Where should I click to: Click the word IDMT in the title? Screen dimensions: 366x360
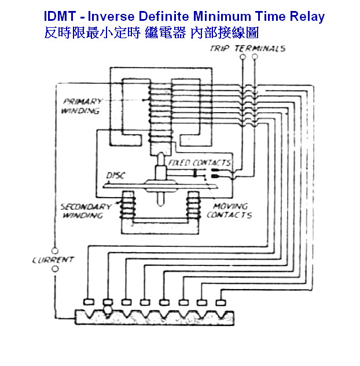(x=61, y=17)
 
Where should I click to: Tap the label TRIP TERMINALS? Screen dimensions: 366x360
(x=247, y=49)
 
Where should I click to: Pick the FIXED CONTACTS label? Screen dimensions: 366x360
(x=199, y=163)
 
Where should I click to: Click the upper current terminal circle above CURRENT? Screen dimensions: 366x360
(x=55, y=250)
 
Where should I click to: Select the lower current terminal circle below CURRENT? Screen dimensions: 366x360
(x=55, y=269)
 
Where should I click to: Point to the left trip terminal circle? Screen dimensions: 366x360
(x=240, y=58)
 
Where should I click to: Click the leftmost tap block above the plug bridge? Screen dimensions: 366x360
(x=89, y=302)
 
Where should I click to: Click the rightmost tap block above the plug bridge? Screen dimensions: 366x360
(x=220, y=301)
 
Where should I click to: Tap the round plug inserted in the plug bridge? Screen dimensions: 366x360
(x=108, y=310)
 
